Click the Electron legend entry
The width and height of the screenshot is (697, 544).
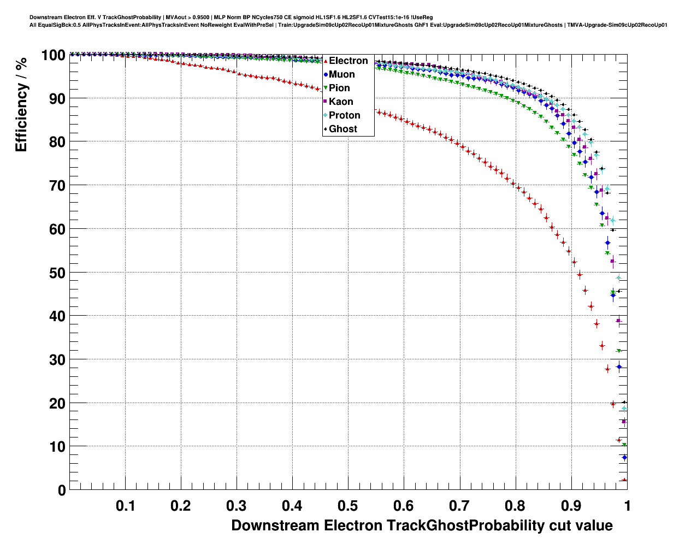click(x=348, y=61)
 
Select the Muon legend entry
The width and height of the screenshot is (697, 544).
click(x=341, y=74)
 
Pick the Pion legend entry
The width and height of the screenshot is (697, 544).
click(x=339, y=88)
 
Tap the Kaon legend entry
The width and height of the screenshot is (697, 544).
click(x=341, y=102)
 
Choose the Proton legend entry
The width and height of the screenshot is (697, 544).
click(x=344, y=115)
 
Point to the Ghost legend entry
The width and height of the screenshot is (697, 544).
click(x=342, y=129)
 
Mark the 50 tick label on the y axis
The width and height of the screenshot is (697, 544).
click(x=57, y=273)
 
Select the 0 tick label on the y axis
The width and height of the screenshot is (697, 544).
click(x=61, y=490)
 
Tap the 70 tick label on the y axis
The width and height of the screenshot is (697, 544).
click(x=57, y=186)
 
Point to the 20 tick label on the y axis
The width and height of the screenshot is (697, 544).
click(x=57, y=404)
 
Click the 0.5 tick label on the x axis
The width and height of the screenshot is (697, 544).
click(x=348, y=506)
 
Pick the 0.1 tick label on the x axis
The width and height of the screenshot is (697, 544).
click(x=126, y=506)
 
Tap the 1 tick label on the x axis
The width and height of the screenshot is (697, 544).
click(x=627, y=506)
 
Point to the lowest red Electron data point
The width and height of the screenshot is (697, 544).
click(x=624, y=480)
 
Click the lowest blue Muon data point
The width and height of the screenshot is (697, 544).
click(x=624, y=457)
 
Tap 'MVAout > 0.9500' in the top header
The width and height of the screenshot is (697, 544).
click(x=188, y=17)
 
